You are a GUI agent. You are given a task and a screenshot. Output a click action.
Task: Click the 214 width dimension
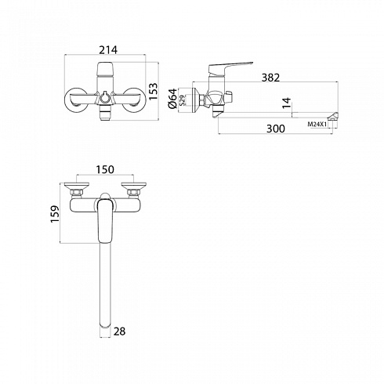pyautogui.click(x=108, y=49)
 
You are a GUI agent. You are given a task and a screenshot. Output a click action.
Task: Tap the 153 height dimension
pyautogui.click(x=154, y=91)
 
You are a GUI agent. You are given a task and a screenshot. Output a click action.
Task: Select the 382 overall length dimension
pyautogui.click(x=270, y=78)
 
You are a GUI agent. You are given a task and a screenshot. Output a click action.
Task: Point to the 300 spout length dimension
pyautogui.click(x=276, y=129)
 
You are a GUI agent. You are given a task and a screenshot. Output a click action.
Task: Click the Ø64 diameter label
pyautogui.click(x=172, y=99)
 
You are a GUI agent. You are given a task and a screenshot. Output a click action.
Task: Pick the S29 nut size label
pyautogui.click(x=183, y=100)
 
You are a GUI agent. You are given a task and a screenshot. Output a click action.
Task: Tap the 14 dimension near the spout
pyautogui.click(x=287, y=103)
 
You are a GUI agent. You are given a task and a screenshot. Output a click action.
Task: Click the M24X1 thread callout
pyautogui.click(x=317, y=125)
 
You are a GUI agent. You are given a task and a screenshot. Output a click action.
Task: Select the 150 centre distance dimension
pyautogui.click(x=105, y=169)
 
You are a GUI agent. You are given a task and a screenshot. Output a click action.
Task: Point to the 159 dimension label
pyautogui.click(x=55, y=214)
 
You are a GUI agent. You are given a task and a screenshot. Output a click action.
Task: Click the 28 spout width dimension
pyautogui.click(x=120, y=331)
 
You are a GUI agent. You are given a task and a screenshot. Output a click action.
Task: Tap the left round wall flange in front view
pyautogui.click(x=76, y=100)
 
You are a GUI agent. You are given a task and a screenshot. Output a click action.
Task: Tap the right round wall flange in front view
pyautogui.click(x=134, y=100)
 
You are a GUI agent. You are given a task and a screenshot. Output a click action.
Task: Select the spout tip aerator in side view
pyautogui.click(x=333, y=116)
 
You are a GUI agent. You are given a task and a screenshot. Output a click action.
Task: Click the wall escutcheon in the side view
pyautogui.click(x=196, y=100)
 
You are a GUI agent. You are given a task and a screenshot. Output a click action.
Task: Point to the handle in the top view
pyautogui.click(x=105, y=221)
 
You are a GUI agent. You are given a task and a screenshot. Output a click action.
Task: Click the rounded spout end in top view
pyautogui.click(x=105, y=324)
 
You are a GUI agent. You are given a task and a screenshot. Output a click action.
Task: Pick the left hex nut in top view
pyautogui.click(x=77, y=193)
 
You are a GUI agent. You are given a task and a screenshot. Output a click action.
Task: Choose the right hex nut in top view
pyautogui.click(x=133, y=193)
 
